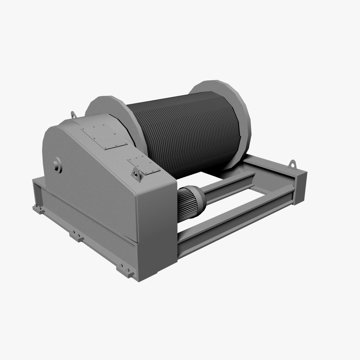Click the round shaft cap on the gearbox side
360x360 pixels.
[57, 165]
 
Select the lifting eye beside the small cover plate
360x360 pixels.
[136, 174]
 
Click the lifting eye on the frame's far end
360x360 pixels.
[293, 164]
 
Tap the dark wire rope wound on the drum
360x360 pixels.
[187, 133]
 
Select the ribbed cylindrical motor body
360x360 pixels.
[185, 203]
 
